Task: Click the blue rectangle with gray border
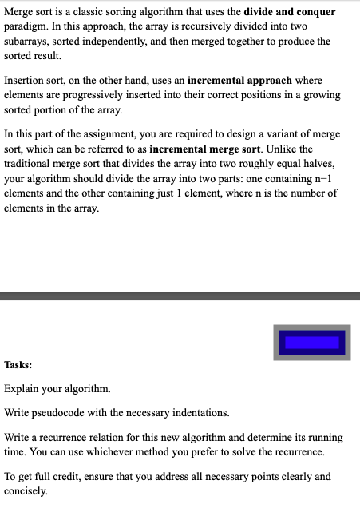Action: pyautogui.click(x=312, y=342)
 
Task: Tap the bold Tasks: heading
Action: pyautogui.click(x=18, y=364)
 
